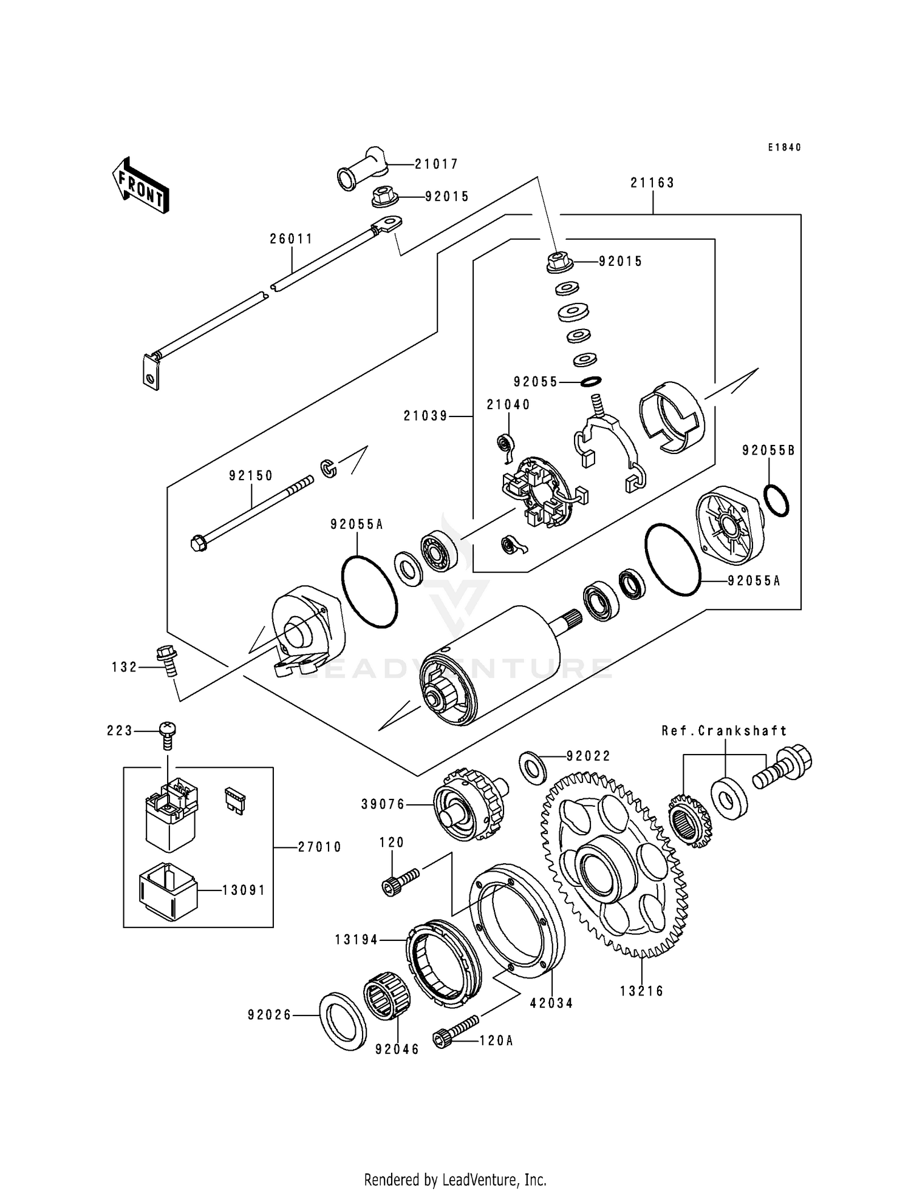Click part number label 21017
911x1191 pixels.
coord(436,164)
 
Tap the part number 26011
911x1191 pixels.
coord(292,239)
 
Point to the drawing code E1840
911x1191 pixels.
coord(784,148)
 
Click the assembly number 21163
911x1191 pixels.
coord(652,183)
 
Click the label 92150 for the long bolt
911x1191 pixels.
coord(251,476)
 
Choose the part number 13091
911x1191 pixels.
coord(244,891)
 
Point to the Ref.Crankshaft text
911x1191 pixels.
coord(724,731)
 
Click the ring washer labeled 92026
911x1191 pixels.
coord(343,1022)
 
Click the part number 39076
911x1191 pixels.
coord(383,804)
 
